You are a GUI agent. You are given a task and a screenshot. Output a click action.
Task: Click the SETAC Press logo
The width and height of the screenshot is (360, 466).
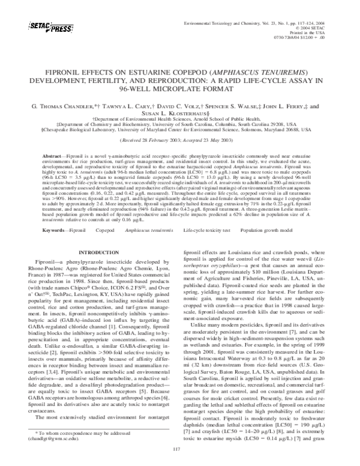pos(49,27)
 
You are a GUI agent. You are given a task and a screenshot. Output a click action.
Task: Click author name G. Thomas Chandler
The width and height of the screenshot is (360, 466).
pos(66,105)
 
